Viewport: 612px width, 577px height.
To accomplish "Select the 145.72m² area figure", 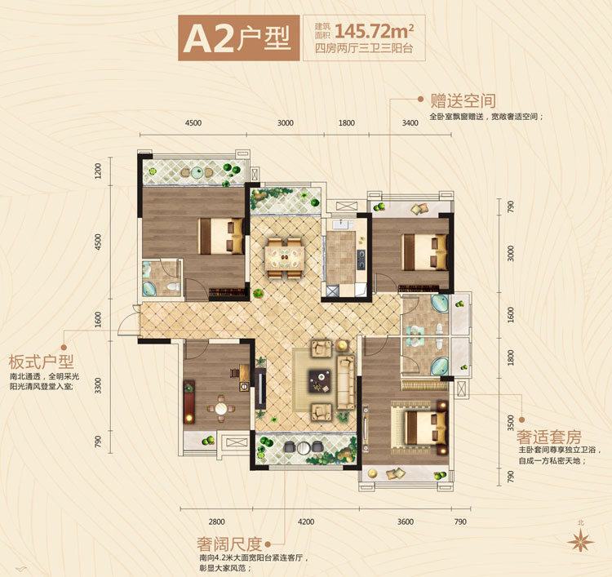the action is (x=375, y=30).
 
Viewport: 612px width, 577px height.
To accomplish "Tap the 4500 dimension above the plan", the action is (x=193, y=123).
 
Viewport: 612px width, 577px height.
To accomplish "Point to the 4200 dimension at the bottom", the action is (x=306, y=522).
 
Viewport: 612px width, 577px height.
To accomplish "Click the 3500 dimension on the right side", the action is (x=511, y=423).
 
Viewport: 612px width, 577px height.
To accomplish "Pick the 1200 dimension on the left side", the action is (x=98, y=171).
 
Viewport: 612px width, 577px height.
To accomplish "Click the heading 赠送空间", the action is (x=463, y=100).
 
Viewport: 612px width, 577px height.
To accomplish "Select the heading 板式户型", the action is (x=41, y=362).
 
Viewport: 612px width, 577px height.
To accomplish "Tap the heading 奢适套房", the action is (x=549, y=437).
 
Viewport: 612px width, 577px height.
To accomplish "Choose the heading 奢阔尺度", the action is (x=229, y=544).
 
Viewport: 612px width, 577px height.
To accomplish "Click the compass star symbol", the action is (x=581, y=541).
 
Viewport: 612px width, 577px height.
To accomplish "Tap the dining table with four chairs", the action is (x=285, y=258).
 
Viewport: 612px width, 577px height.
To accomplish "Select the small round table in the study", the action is (x=221, y=409).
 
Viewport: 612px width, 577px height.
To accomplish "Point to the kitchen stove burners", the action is (x=361, y=260).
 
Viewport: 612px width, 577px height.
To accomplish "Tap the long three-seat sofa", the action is (x=346, y=382).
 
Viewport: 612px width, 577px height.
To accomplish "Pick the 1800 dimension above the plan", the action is (x=347, y=123).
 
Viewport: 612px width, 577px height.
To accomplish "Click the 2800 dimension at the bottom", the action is (x=216, y=522).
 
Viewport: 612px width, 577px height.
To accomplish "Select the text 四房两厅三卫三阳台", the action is (x=364, y=48).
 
